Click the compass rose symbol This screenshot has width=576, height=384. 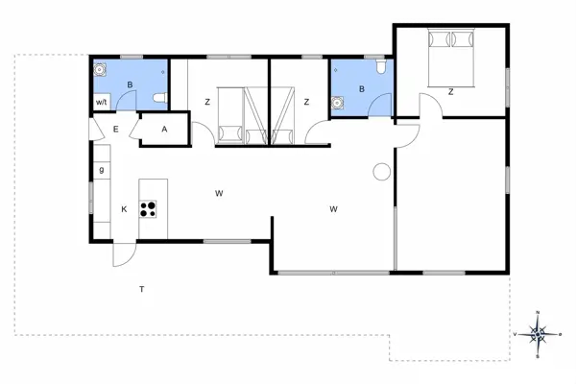(x=538, y=333)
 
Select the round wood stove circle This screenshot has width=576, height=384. (x=381, y=172)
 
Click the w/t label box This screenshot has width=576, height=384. (x=101, y=103)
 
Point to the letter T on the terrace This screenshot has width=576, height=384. (x=141, y=289)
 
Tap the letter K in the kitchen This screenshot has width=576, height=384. (x=123, y=208)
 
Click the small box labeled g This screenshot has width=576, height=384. (x=101, y=171)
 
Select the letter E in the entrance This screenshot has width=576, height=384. (x=115, y=130)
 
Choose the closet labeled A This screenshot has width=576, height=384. (x=164, y=130)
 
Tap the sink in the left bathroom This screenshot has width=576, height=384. (x=100, y=70)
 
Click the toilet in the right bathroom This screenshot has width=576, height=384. (x=381, y=68)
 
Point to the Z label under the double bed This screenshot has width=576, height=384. (x=450, y=92)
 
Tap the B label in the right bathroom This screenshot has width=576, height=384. (x=361, y=89)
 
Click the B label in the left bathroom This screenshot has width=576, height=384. (x=130, y=84)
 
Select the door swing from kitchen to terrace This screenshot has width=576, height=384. (x=123, y=254)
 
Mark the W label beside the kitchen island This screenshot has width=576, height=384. (x=219, y=194)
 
